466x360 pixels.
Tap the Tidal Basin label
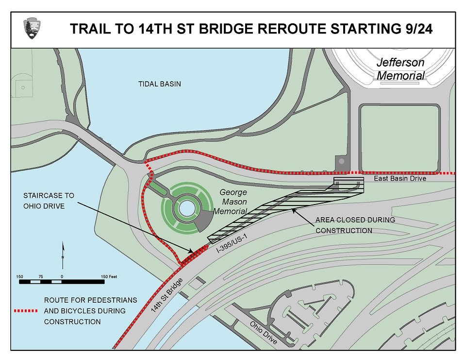click(x=160, y=84)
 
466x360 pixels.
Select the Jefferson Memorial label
click(x=400, y=69)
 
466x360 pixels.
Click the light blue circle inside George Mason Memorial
click(x=185, y=208)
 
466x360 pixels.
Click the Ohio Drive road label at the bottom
click(x=263, y=332)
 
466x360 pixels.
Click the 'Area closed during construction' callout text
click(x=355, y=225)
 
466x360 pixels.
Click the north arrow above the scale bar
click(x=63, y=254)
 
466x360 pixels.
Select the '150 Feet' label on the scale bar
click(x=109, y=276)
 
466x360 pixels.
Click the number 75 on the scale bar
click(x=41, y=276)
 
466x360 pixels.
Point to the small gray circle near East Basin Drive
click(x=341, y=161)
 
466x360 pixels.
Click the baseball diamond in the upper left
click(x=21, y=87)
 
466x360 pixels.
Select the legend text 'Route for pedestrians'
click(x=90, y=300)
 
